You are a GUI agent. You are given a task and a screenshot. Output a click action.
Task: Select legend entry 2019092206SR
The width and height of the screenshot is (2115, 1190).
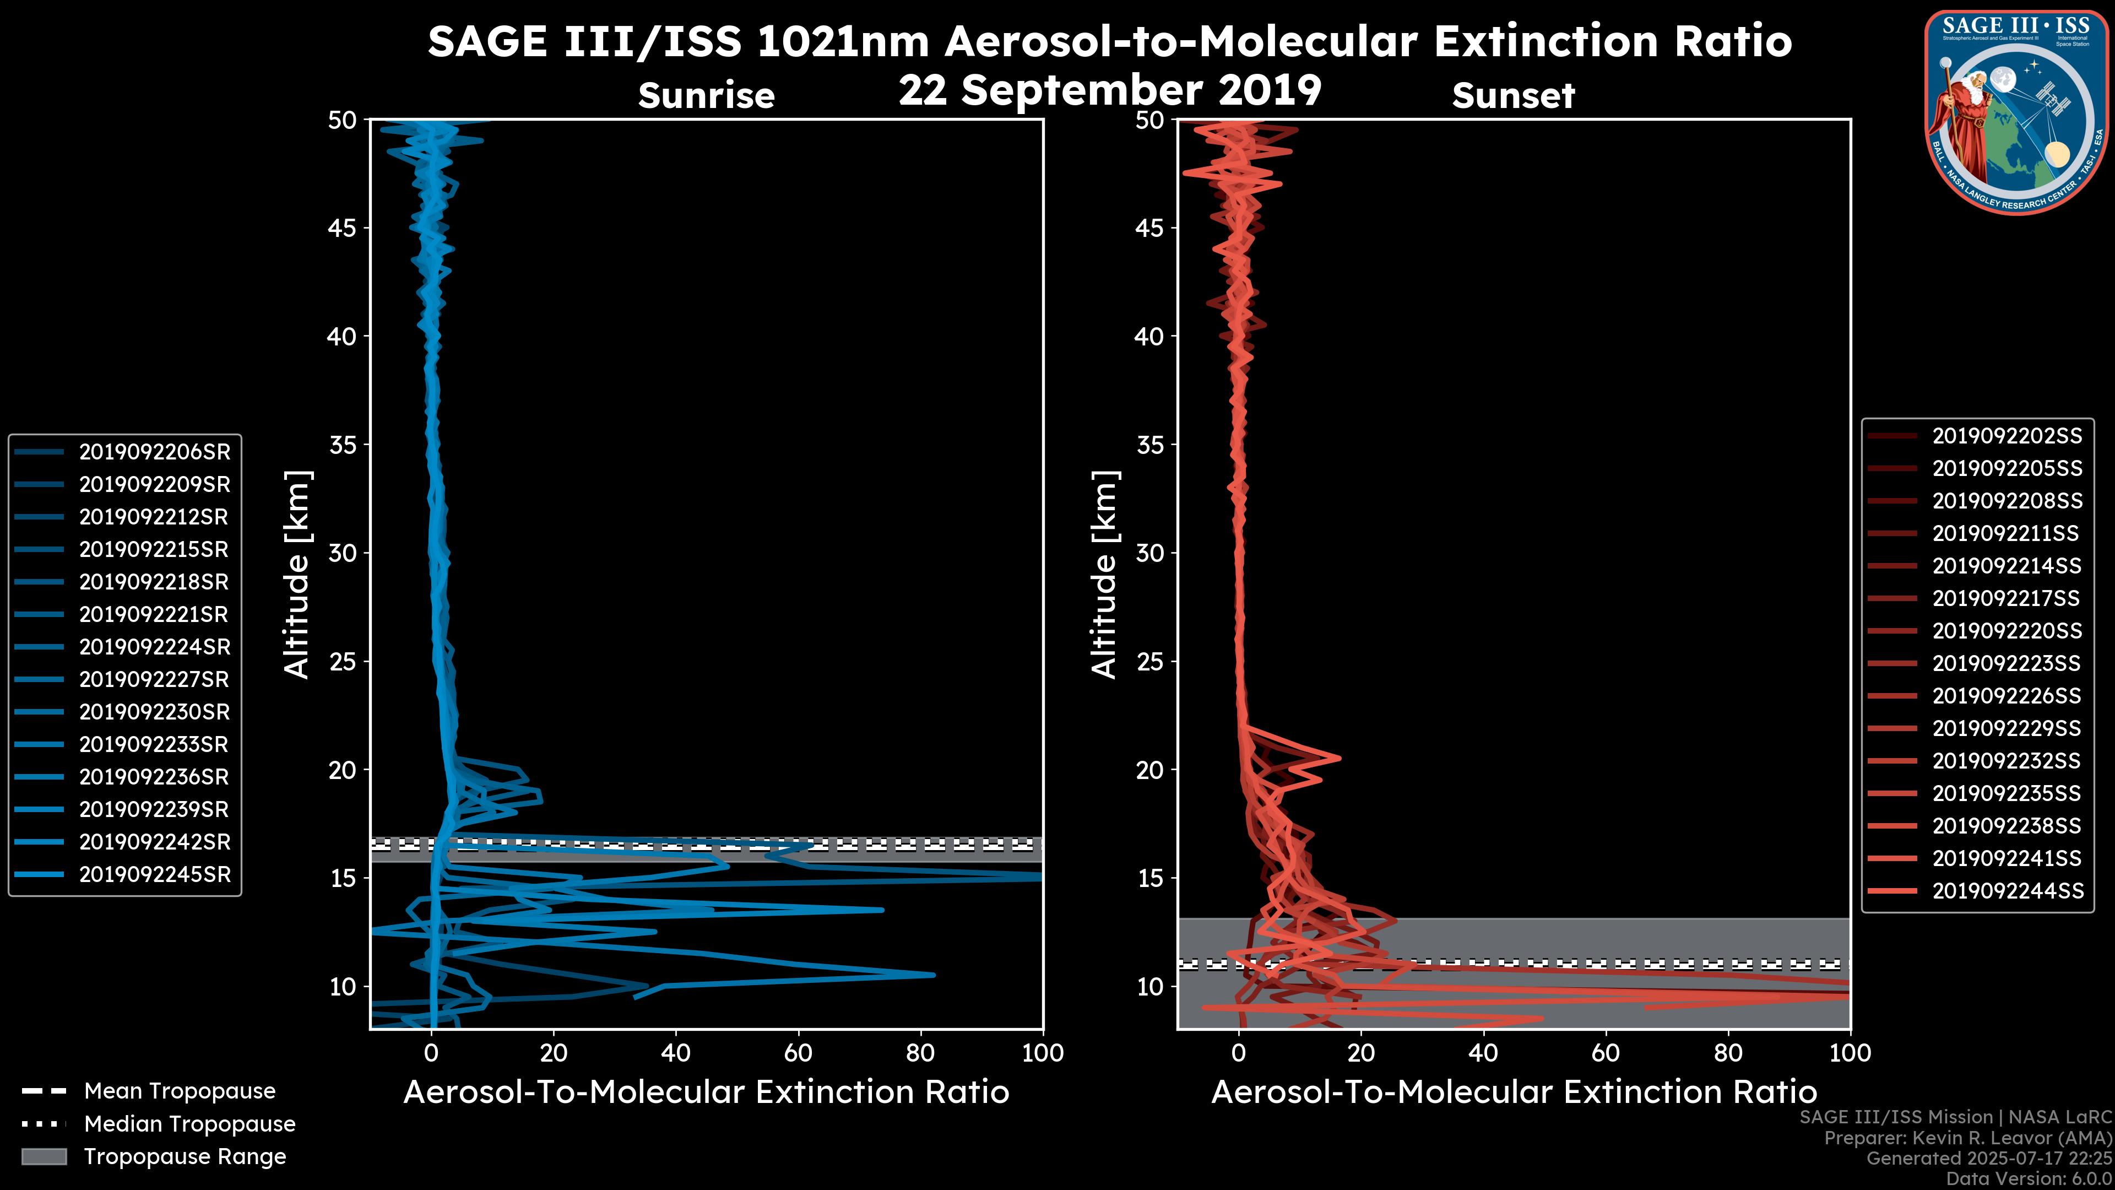[x=154, y=452]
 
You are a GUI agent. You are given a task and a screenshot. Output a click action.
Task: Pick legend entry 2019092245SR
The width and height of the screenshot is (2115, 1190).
[x=154, y=875]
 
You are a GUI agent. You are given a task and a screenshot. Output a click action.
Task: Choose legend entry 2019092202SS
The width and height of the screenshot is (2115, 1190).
[x=2006, y=436]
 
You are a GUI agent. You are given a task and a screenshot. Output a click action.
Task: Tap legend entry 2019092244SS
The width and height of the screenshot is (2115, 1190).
[x=2006, y=891]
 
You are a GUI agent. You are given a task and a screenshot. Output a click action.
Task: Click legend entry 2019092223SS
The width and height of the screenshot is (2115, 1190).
[x=2006, y=663]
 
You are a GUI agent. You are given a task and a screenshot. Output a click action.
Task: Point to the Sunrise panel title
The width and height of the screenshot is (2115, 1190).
[x=706, y=96]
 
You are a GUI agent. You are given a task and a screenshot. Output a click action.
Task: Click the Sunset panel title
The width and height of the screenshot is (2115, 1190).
[x=1513, y=96]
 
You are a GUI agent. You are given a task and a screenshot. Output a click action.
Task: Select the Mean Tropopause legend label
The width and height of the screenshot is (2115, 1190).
[x=180, y=1091]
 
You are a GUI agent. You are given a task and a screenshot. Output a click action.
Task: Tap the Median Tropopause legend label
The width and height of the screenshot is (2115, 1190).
[x=189, y=1124]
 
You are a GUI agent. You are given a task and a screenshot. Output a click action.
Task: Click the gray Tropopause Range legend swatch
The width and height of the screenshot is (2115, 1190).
[x=44, y=1157]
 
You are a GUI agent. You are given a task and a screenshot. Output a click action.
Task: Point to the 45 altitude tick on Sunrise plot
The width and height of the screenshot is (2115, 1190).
[x=343, y=228]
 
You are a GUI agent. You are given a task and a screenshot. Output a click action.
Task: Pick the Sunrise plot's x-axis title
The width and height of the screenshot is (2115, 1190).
[x=706, y=1092]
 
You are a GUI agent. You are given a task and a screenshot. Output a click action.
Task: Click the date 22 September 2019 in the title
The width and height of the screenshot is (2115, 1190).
[x=1110, y=90]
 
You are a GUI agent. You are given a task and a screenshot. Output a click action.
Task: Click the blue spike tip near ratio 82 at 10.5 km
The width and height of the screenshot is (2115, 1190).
[x=932, y=975]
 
